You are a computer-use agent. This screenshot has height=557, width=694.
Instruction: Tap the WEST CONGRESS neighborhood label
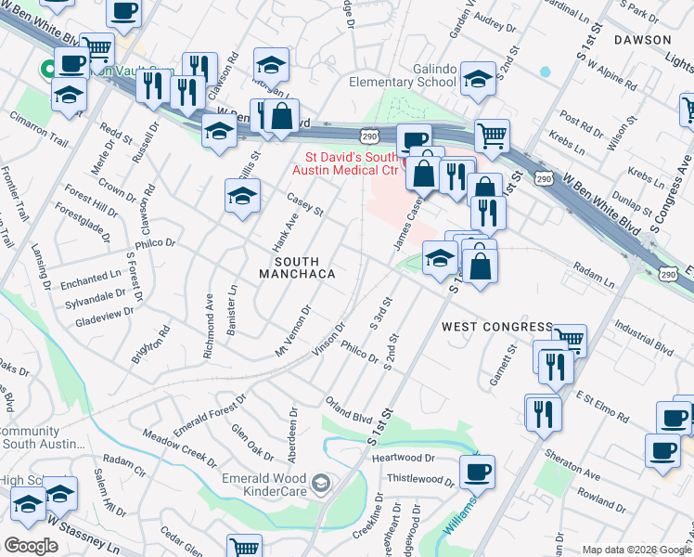click(497, 327)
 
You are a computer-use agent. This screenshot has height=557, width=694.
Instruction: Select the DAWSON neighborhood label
click(641, 40)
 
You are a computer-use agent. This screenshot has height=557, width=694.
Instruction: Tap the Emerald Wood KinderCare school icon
click(321, 482)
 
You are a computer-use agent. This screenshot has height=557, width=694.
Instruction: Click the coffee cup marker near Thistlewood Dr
click(477, 472)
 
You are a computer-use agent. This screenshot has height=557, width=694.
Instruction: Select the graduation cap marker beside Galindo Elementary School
click(478, 78)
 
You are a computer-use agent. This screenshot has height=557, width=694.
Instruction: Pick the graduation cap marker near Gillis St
click(242, 196)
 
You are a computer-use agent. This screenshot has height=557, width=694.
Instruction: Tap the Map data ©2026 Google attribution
click(636, 550)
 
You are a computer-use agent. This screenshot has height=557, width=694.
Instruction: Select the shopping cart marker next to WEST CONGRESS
click(569, 340)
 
